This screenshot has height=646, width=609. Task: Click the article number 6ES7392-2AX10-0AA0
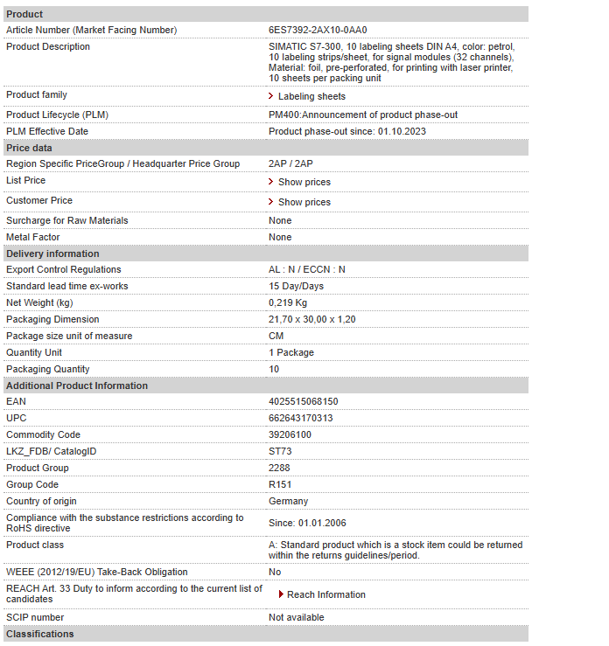318,30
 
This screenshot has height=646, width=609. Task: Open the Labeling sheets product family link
311,96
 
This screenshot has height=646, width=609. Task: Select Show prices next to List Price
304,182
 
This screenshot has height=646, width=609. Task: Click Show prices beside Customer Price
304,202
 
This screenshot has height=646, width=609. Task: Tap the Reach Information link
325,594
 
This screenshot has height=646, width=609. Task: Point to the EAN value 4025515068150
303,401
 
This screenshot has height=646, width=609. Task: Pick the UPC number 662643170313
300,418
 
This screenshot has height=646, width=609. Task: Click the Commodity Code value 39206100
290,434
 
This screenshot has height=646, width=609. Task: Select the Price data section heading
29,148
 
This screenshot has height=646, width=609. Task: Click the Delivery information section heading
52,254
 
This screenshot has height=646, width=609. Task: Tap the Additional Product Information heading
77,386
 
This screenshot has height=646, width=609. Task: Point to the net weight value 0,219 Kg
288,302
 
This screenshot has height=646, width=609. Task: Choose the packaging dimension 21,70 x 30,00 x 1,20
311,319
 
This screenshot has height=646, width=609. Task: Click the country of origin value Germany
288,501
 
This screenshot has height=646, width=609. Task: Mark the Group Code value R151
280,484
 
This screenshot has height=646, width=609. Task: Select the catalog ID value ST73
280,451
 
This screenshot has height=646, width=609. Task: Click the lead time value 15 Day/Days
296,286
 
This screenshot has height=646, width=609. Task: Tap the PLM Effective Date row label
47,131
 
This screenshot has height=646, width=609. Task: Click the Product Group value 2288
279,468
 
